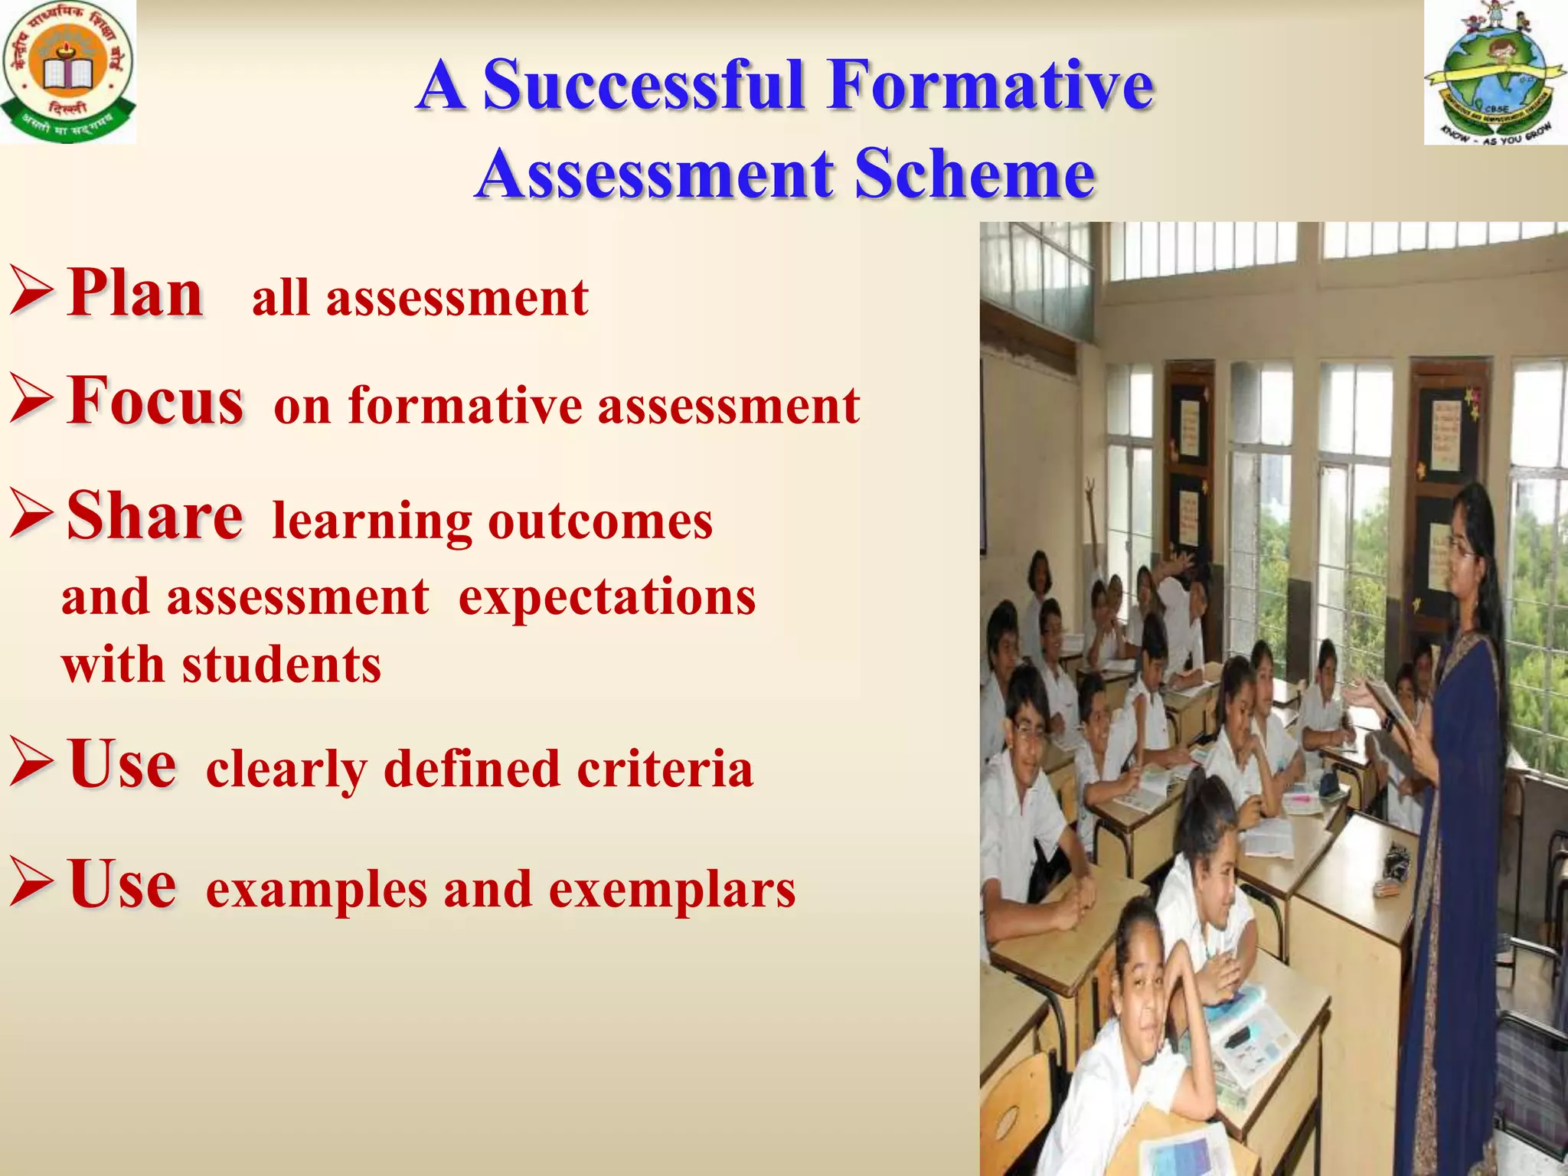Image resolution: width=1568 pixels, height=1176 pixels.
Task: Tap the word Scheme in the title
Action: pos(974,175)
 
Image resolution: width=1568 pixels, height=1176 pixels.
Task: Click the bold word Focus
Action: pos(155,400)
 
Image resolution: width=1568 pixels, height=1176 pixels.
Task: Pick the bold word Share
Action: pos(155,515)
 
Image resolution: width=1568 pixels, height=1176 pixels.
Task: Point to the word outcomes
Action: pos(600,522)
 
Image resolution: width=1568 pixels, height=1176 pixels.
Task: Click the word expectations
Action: pos(607,598)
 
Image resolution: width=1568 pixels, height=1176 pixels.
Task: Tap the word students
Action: pos(281,665)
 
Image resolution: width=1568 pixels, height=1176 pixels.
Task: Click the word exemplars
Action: pos(672,890)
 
